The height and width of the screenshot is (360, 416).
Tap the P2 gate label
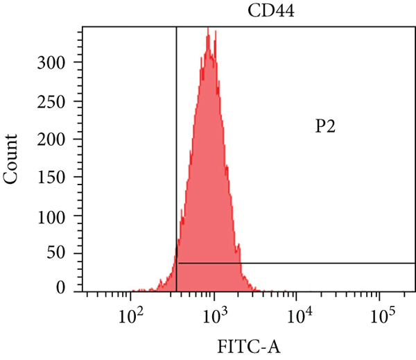[325, 127]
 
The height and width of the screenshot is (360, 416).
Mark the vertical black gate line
[177, 139]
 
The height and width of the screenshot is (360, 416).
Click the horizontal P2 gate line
[312, 264]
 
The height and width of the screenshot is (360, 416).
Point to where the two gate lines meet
[177, 264]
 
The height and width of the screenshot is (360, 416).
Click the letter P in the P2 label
[320, 127]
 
